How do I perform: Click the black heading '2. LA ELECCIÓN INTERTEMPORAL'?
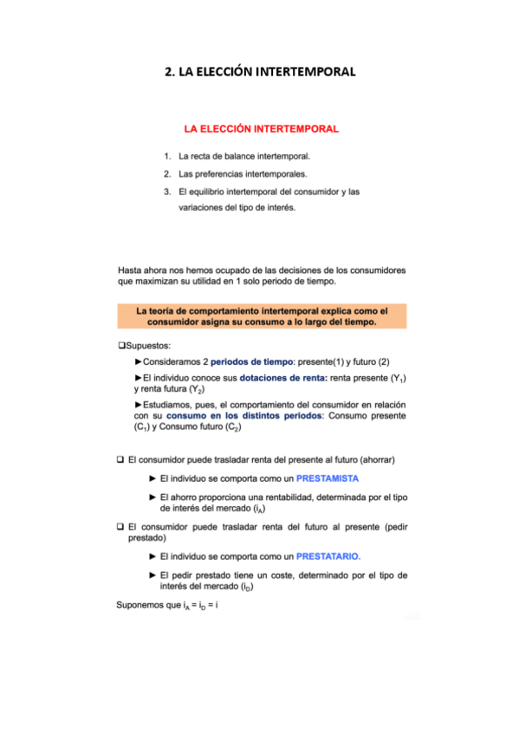260,72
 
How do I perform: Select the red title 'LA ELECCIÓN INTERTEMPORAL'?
261,129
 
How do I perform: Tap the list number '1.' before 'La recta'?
166,157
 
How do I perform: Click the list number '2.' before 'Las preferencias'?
166,174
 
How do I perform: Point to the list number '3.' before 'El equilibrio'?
166,192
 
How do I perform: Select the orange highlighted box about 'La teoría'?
261,315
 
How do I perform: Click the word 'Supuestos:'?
147,345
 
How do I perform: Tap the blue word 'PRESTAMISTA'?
328,478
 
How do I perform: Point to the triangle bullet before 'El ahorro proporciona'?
152,497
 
